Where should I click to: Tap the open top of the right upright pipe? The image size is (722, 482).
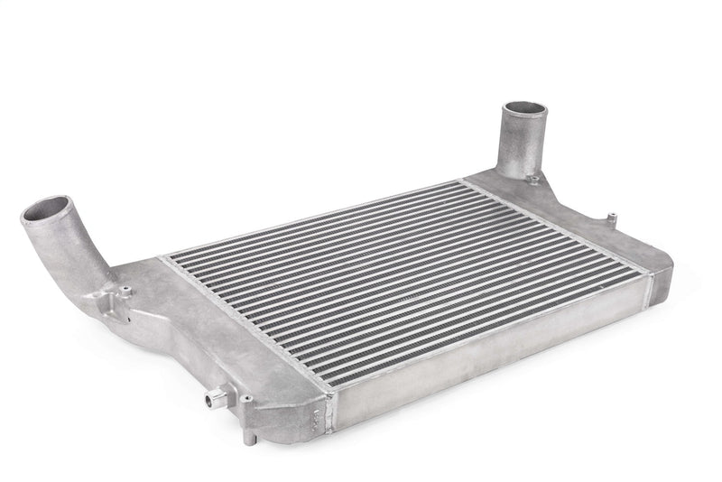524,113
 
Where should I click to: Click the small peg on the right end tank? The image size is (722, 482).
611,218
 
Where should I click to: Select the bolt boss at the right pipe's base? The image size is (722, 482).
534,179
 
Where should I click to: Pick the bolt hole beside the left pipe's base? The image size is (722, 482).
125,290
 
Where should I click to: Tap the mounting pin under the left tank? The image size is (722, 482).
248,435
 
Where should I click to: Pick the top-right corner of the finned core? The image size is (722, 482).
461,183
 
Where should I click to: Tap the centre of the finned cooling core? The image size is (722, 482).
406,271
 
